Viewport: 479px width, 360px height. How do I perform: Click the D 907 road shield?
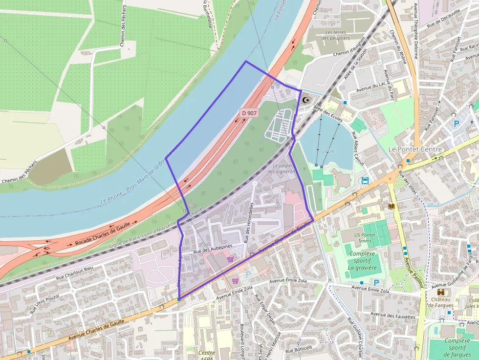click(249, 113)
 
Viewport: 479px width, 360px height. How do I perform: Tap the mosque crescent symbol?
click(306, 100)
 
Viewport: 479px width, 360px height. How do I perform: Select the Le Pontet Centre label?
click(414, 149)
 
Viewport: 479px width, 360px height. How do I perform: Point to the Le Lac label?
click(329, 151)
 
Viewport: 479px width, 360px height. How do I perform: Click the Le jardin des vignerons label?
click(282, 169)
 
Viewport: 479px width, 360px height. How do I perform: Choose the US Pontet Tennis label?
click(365, 238)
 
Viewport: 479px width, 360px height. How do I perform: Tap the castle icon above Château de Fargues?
click(440, 292)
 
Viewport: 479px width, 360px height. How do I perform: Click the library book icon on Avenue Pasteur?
click(391, 207)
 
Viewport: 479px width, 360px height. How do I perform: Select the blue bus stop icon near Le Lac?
click(365, 181)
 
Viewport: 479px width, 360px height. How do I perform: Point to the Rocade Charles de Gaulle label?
click(103, 233)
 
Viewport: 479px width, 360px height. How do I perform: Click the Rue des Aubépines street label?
click(212, 249)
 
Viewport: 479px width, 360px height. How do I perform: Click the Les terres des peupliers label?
click(337, 35)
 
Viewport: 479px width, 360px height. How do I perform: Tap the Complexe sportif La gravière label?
click(362, 261)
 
